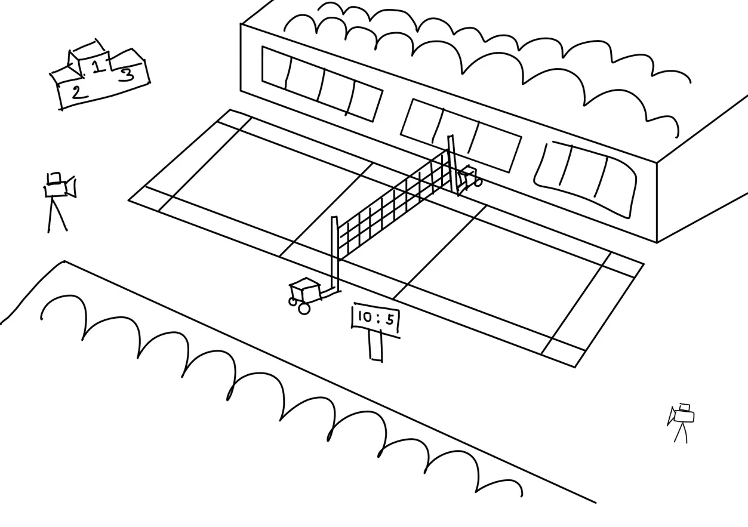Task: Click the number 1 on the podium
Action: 97,65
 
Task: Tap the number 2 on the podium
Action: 78,93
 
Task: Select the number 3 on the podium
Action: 126,75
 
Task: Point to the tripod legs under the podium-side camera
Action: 57,214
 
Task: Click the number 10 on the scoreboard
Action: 365,317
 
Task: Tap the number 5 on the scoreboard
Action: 390,319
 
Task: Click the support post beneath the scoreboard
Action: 375,346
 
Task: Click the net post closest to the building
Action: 453,164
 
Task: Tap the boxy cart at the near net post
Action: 304,291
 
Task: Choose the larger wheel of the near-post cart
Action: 304,309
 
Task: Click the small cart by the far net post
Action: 469,177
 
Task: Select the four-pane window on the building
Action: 322,84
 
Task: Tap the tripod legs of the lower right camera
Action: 681,433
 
